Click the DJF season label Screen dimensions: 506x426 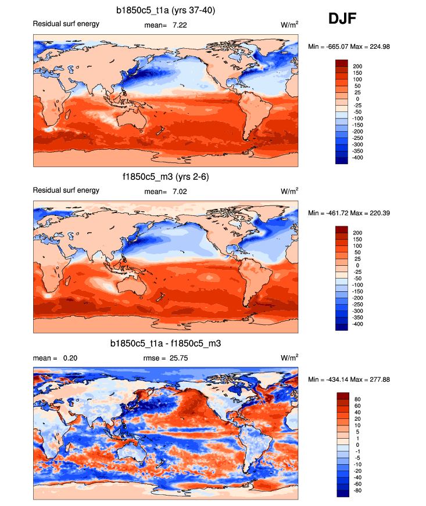tap(342, 19)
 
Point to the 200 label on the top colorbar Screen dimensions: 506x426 tap(357, 66)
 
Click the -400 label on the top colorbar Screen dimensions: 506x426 tap(357, 157)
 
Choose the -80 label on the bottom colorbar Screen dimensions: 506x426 tap(357, 490)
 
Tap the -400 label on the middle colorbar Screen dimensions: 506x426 tap(357, 324)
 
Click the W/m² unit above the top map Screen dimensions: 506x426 tap(289, 25)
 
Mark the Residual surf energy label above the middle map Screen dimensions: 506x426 tap(66, 190)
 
